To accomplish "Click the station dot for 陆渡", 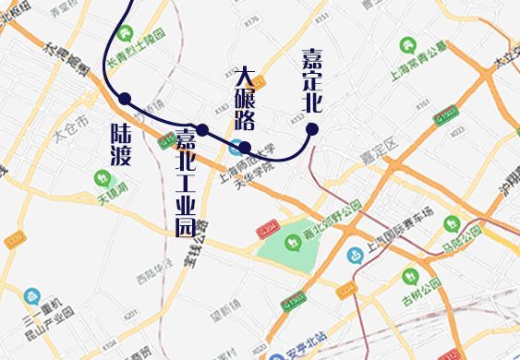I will [x=125, y=99].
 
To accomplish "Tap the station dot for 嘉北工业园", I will [x=202, y=130].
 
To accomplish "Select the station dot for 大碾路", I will [x=245, y=147].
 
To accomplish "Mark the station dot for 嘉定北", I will [x=312, y=129].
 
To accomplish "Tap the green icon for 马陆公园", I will [x=452, y=222].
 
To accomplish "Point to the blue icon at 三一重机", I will [x=32, y=296].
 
